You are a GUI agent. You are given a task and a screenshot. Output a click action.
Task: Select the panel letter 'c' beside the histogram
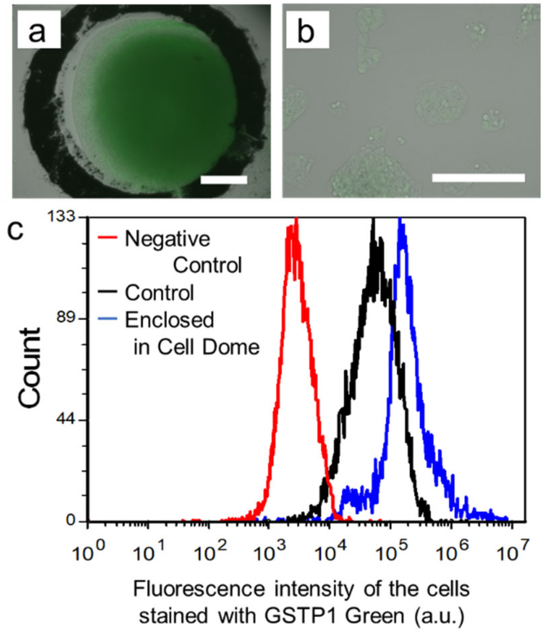point(15,230)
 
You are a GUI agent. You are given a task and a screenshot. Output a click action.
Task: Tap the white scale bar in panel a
point(223,180)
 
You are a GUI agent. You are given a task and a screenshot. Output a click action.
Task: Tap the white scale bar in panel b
point(478,178)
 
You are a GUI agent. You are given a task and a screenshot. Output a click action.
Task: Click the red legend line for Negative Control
point(107,237)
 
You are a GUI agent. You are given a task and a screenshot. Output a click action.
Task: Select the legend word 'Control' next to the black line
point(159,293)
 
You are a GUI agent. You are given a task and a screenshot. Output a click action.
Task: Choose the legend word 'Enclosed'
point(169,320)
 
